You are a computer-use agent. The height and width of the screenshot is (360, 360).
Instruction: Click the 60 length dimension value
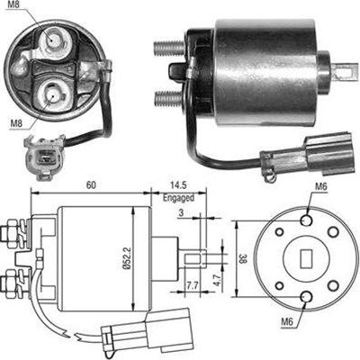(91, 184)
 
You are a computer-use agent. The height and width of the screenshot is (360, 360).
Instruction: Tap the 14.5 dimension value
(178, 184)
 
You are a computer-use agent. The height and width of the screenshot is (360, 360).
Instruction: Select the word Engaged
(178, 197)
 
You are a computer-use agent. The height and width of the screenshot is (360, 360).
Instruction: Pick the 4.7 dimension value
(219, 278)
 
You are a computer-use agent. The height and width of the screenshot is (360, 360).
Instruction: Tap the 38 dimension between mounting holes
(243, 258)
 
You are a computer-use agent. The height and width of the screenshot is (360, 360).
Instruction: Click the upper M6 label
(320, 186)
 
